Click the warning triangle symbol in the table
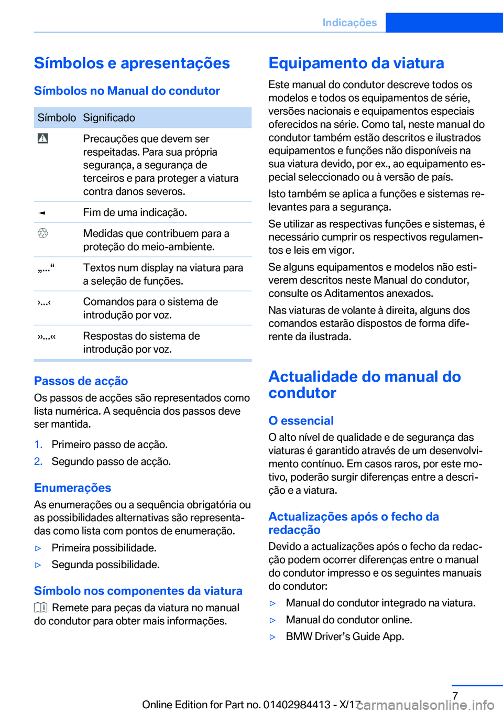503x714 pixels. pyautogui.click(x=43, y=138)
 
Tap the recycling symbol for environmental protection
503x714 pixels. pyautogui.click(x=43, y=233)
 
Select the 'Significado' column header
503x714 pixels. pyautogui.click(x=109, y=118)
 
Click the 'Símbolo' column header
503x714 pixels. pyautogui.click(x=57, y=118)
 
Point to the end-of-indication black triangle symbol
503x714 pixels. pyautogui.click(x=42, y=213)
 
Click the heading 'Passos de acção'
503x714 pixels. pyautogui.click(x=81, y=381)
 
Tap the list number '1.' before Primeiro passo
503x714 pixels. pyautogui.click(x=38, y=445)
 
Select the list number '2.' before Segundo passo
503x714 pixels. pyautogui.click(x=38, y=461)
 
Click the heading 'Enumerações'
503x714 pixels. pyautogui.click(x=72, y=488)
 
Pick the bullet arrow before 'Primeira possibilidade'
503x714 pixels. pyautogui.click(x=38, y=548)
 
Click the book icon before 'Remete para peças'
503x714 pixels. pyautogui.click(x=41, y=608)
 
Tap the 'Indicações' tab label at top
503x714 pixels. pyautogui.click(x=349, y=23)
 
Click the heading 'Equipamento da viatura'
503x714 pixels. pyautogui.click(x=356, y=63)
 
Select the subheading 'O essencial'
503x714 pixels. pyautogui.click(x=301, y=421)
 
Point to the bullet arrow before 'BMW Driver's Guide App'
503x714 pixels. pyautogui.click(x=272, y=637)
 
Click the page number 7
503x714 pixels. pyautogui.click(x=455, y=696)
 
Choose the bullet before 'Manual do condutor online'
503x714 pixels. pyautogui.click(x=272, y=620)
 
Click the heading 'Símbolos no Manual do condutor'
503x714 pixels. pyautogui.click(x=127, y=91)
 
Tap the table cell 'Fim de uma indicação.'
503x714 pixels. pyautogui.click(x=135, y=212)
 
